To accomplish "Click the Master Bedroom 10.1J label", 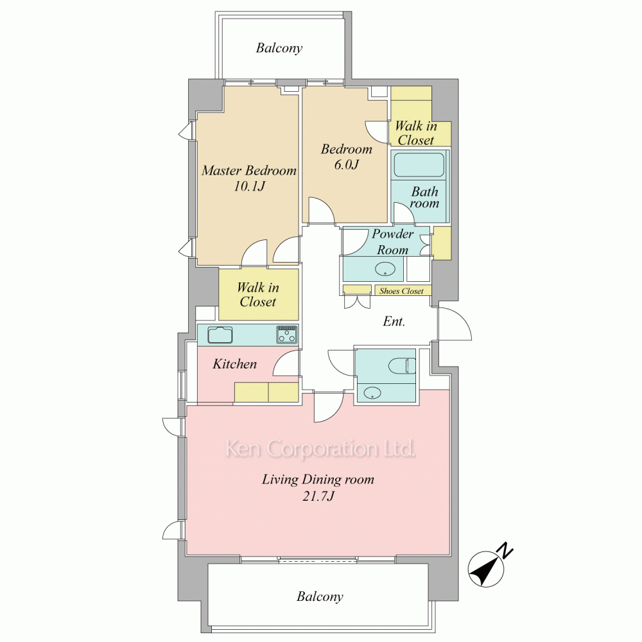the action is click(x=249, y=178).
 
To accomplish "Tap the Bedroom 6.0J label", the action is click(x=347, y=157).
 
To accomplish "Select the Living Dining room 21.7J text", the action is click(x=318, y=487).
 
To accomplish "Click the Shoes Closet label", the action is click(x=401, y=291).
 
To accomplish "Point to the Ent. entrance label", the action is click(x=394, y=322).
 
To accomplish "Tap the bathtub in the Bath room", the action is click(x=419, y=164).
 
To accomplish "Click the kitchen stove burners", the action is click(x=287, y=334).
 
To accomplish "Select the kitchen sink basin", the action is click(x=220, y=335).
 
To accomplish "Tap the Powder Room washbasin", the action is click(x=385, y=270).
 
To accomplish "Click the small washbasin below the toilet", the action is click(x=372, y=393).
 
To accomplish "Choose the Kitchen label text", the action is click(x=234, y=363).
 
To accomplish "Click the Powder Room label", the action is click(x=393, y=241).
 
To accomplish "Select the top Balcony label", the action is click(x=279, y=48).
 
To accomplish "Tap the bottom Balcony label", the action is click(x=320, y=596).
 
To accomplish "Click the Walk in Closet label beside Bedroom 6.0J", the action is click(x=415, y=133).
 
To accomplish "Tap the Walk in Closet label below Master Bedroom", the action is click(x=258, y=295).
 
